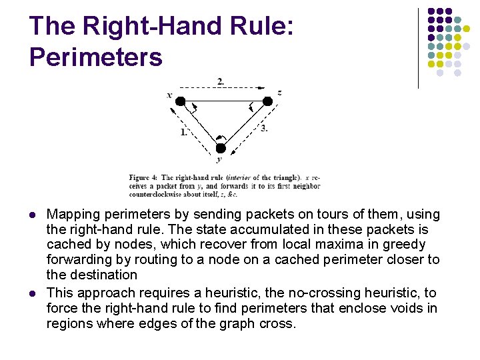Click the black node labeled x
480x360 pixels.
coord(180,101)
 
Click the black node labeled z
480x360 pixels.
coord(267,101)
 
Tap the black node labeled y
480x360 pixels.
coord(221,148)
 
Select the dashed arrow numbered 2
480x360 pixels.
coord(223,87)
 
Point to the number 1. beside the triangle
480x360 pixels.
coord(183,132)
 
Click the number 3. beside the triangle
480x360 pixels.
coord(264,127)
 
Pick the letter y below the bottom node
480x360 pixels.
coord(219,160)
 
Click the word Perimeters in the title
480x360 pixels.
coord(96,57)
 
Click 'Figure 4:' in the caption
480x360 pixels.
coord(143,177)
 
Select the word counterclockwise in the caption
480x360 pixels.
coord(153,193)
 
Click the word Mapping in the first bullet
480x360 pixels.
coord(73,215)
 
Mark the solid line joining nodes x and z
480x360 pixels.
coord(223,102)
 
